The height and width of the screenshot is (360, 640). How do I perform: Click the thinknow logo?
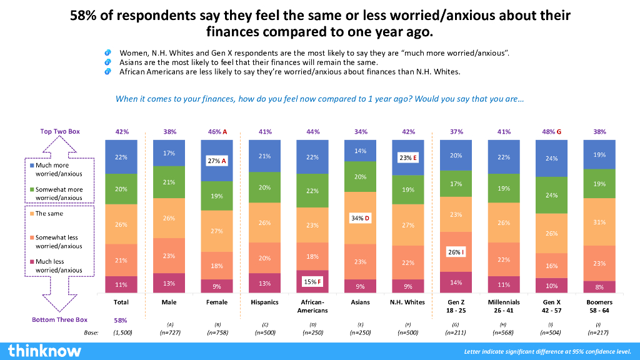pyautogui.click(x=44, y=350)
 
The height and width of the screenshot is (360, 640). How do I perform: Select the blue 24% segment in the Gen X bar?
pyautogui.click(x=552, y=158)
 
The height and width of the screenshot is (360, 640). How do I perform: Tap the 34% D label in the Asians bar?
pyautogui.click(x=361, y=218)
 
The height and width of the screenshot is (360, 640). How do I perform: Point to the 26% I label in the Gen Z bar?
pyautogui.click(x=456, y=252)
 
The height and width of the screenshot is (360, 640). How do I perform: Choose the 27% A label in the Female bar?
pyautogui.click(x=217, y=161)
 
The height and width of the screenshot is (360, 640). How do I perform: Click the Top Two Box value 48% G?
pyautogui.click(x=552, y=132)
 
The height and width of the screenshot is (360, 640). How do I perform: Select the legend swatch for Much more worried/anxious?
pyautogui.click(x=32, y=165)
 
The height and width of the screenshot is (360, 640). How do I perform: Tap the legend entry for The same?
pyautogui.click(x=49, y=214)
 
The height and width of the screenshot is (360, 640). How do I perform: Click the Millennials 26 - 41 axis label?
pyautogui.click(x=504, y=306)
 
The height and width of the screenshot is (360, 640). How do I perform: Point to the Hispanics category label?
pyautogui.click(x=265, y=302)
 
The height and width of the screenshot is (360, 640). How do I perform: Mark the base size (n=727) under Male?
pyautogui.click(x=169, y=332)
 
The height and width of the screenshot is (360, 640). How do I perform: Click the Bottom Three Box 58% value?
pyautogui.click(x=122, y=320)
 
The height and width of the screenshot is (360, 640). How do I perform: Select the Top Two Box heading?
pyautogui.click(x=60, y=131)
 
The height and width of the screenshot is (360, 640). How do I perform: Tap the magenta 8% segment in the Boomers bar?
pyautogui.click(x=599, y=287)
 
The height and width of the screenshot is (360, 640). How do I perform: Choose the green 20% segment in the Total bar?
pyautogui.click(x=122, y=189)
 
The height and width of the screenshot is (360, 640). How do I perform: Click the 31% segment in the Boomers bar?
pyautogui.click(x=599, y=222)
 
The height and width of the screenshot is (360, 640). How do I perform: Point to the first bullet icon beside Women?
pyautogui.click(x=108, y=52)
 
